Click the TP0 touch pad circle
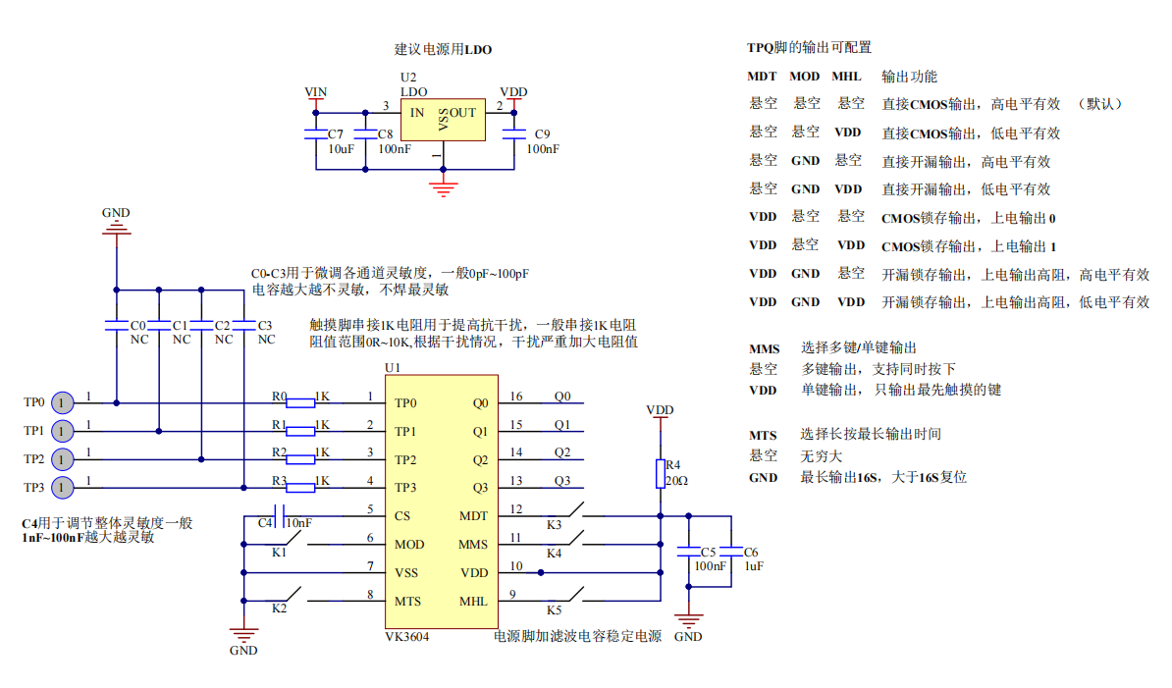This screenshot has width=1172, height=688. click(61, 402)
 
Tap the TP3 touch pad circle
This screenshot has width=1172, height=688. click(61, 487)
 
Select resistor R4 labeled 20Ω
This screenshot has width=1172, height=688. click(660, 473)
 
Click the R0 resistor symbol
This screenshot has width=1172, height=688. click(300, 400)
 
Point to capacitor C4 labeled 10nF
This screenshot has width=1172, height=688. click(280, 510)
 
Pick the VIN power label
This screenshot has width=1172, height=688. click(315, 92)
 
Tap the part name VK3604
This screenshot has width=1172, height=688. click(406, 636)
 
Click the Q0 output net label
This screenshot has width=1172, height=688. click(561, 397)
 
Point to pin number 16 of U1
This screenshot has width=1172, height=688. click(516, 397)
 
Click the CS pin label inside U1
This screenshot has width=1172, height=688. click(402, 515)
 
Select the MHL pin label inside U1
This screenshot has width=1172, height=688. click(472, 601)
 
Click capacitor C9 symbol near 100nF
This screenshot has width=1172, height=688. click(512, 135)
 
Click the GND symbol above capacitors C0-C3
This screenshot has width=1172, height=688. click(116, 228)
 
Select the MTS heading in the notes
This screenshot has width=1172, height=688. click(763, 435)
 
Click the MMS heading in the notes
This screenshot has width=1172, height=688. click(764, 348)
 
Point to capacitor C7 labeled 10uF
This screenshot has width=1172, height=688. click(315, 135)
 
